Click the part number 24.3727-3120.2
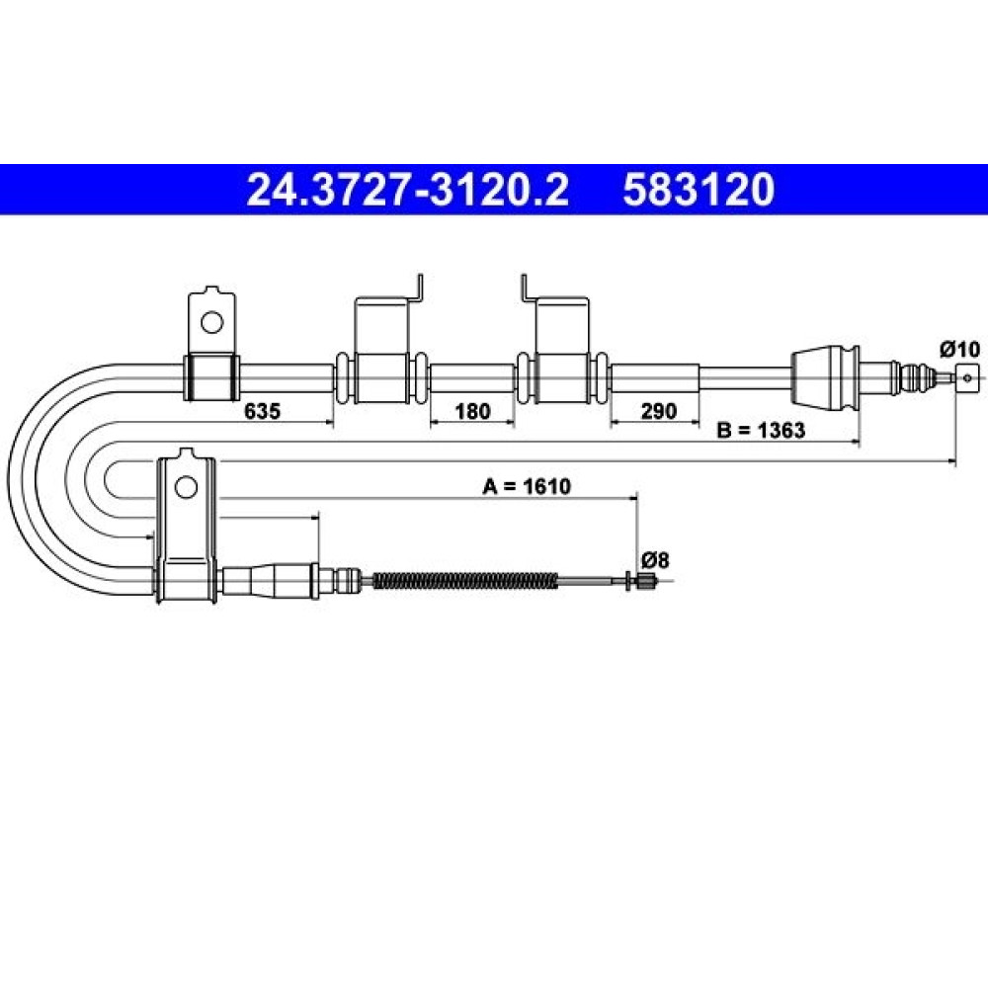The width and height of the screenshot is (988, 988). (x=408, y=190)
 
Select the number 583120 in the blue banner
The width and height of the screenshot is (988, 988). (x=699, y=190)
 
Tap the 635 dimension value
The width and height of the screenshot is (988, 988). (x=262, y=411)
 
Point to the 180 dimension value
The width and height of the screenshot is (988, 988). (x=472, y=411)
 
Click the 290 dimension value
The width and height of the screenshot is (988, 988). (x=658, y=411)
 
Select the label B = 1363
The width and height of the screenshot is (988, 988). (x=761, y=431)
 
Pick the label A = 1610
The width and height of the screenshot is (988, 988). (x=527, y=486)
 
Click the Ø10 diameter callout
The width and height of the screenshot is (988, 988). (x=960, y=349)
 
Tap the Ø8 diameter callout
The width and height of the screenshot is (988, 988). (x=655, y=559)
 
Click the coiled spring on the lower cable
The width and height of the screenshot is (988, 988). (x=465, y=580)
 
